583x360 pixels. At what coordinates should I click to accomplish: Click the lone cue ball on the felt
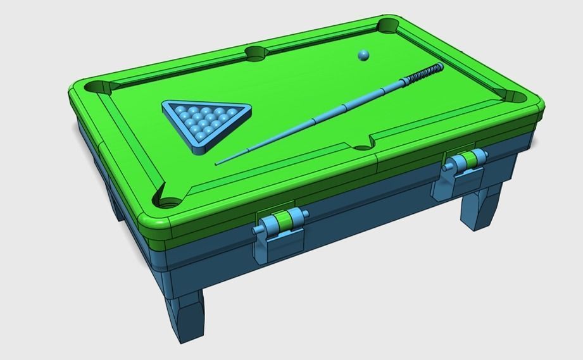pos(363,55)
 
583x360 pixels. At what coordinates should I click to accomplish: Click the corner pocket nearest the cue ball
pos(387,26)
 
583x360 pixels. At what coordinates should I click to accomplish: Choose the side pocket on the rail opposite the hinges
pos(256,53)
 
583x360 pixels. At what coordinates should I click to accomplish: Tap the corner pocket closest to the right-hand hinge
pos(516,97)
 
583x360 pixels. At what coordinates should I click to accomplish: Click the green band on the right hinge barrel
pos(470,159)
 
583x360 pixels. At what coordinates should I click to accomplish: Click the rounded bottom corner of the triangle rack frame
pos(202,148)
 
